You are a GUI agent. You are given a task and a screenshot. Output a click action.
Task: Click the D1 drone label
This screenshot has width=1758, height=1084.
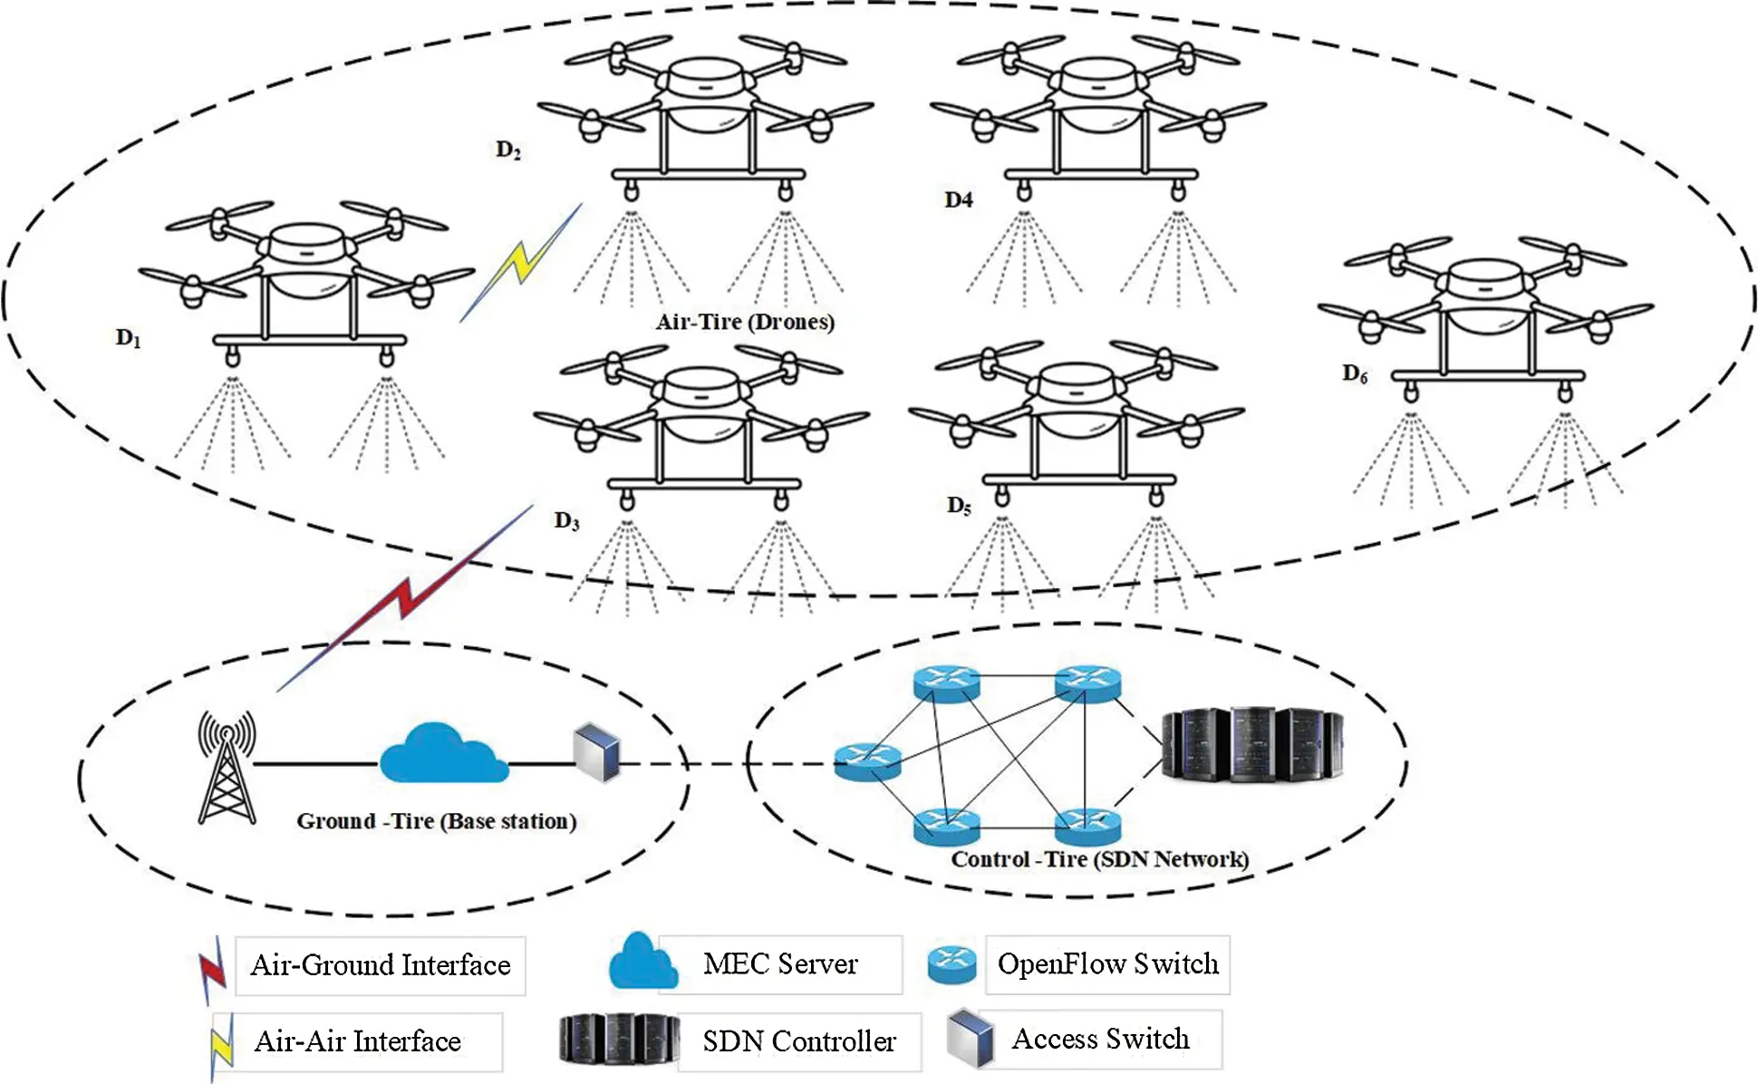[x=128, y=339]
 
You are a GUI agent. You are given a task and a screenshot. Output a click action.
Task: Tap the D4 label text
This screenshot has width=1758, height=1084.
[x=958, y=200]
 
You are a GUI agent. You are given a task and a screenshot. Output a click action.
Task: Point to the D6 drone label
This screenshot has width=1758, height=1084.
[x=1355, y=373]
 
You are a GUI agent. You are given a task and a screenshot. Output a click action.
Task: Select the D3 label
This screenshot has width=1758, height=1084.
[x=566, y=521]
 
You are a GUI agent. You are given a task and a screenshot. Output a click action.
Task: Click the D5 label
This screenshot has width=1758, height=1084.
[x=959, y=506]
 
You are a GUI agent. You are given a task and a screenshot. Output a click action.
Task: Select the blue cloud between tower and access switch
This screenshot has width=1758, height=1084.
[x=443, y=754]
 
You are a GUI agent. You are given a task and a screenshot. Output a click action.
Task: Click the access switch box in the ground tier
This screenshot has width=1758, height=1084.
[x=597, y=752]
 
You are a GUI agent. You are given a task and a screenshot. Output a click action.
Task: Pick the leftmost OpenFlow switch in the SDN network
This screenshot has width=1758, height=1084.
[x=867, y=762]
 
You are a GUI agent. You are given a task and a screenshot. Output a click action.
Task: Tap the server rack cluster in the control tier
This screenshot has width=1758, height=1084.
[x=1251, y=745]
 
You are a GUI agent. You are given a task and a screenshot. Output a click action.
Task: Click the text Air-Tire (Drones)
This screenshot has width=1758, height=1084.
[x=745, y=322]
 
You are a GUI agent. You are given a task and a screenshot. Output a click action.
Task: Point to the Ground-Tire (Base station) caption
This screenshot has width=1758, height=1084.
[x=436, y=821]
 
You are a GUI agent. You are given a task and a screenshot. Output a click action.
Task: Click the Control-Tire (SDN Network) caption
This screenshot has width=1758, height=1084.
[x=1099, y=859]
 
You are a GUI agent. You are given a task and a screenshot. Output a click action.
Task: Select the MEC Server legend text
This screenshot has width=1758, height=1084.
[x=779, y=963]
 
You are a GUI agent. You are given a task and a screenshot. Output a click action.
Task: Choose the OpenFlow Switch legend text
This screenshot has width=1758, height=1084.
[x=1107, y=963]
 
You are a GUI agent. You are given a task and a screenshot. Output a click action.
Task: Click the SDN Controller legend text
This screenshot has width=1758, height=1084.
[x=798, y=1041]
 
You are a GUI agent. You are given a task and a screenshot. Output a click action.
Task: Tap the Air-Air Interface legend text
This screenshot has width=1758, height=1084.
[x=357, y=1041]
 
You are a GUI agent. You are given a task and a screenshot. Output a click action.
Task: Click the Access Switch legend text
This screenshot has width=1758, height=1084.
[x=1100, y=1039]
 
